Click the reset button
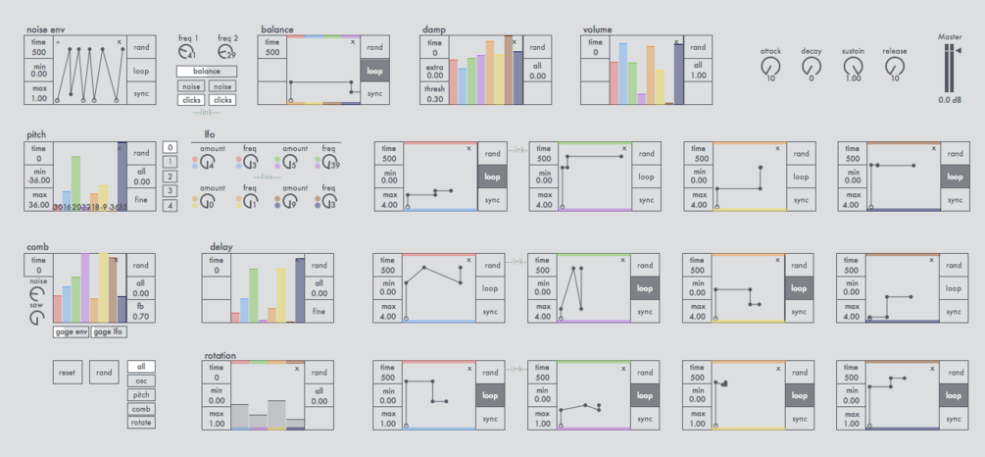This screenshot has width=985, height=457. tap(67, 373)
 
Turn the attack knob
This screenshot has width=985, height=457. tap(769, 67)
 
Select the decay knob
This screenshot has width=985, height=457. tap(811, 67)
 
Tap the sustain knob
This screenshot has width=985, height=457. tap(853, 67)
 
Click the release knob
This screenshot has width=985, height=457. tap(894, 67)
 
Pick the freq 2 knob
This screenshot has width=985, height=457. tap(227, 52)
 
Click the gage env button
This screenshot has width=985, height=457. tap(71, 332)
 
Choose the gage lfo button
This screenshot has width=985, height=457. tap(109, 332)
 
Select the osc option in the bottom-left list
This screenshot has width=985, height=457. tap(141, 381)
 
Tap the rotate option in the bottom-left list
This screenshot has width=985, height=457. tap(141, 422)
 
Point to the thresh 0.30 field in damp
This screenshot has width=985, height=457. tap(435, 94)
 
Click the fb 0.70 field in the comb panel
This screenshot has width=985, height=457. tap(141, 312)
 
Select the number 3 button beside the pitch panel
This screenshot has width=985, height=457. tap(171, 190)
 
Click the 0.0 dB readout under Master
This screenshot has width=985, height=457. tap(949, 99)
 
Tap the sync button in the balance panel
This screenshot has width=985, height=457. tap(374, 93)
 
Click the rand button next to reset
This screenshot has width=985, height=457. tap(103, 373)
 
